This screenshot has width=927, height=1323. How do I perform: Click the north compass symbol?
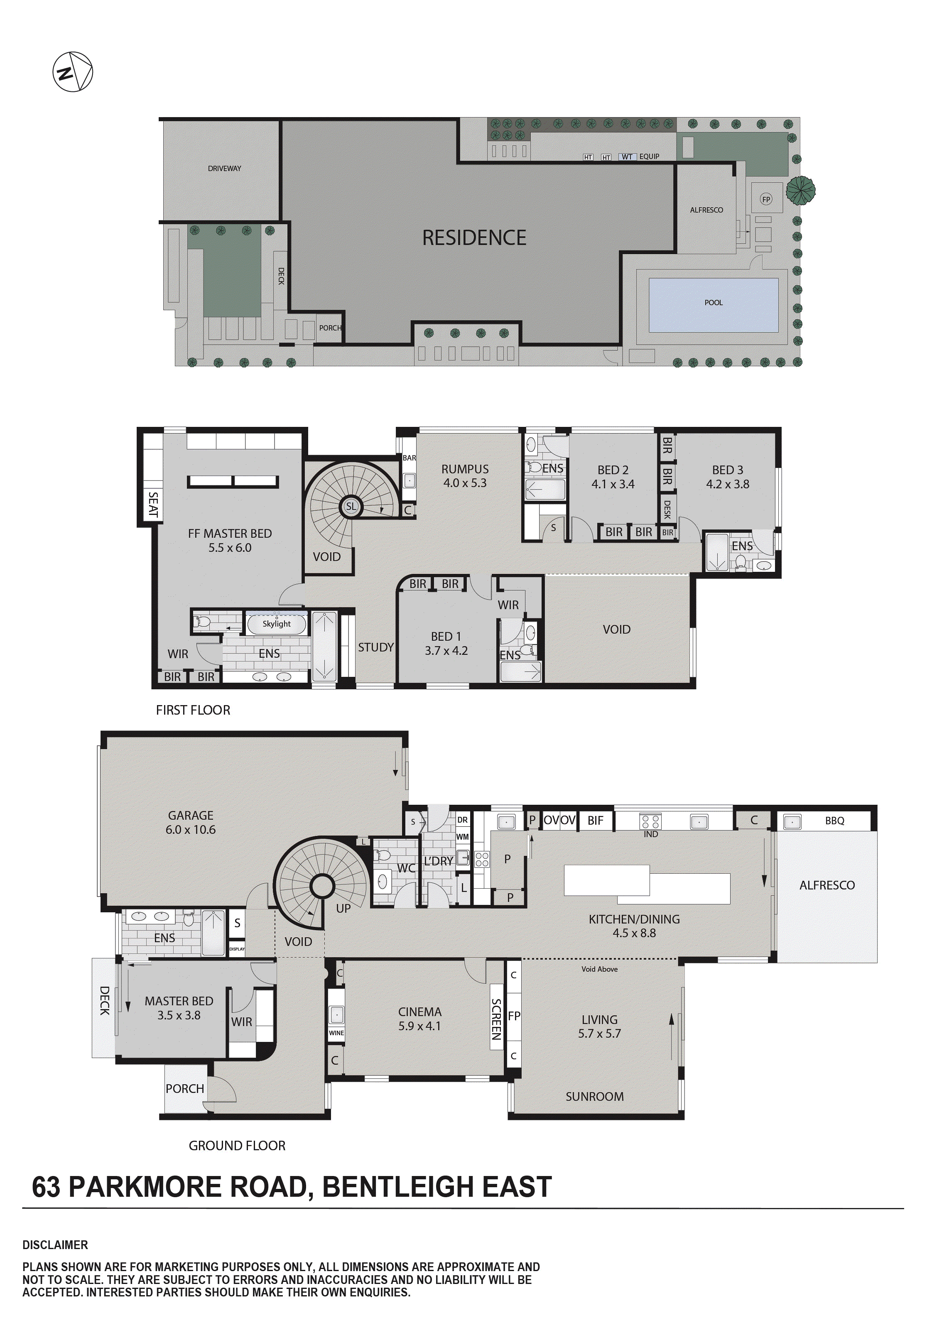[73, 72]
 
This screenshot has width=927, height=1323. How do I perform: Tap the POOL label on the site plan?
[713, 303]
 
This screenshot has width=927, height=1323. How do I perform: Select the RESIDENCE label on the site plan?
[474, 238]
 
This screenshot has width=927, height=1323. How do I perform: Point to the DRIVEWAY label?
[224, 168]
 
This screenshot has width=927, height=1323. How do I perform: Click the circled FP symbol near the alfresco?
[765, 199]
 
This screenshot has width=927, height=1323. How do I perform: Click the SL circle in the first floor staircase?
[351, 507]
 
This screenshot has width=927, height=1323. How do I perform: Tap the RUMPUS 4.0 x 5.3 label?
[465, 476]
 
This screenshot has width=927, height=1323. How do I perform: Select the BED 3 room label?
[728, 477]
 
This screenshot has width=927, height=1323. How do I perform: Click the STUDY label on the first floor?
[375, 647]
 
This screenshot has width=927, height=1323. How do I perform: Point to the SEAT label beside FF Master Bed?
[153, 504]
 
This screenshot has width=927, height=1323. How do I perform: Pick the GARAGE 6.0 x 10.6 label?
[190, 822]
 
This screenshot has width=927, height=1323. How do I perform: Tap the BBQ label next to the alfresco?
[834, 821]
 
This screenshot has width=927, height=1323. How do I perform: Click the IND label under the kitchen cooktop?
[650, 834]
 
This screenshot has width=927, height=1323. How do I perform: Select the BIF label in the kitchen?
[595, 821]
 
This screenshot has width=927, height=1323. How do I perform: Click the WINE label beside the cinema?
[336, 1033]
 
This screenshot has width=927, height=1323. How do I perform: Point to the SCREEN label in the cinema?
[496, 1019]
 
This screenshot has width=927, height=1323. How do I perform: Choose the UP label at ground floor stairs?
[343, 908]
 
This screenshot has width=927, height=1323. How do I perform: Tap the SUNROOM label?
[594, 1097]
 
